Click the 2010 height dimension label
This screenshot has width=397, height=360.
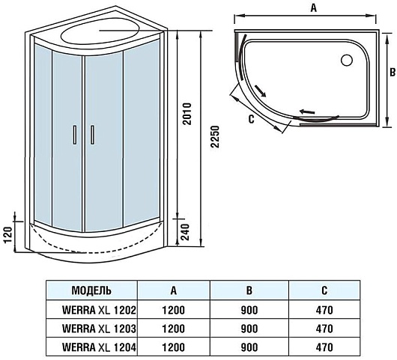[x=187, y=114]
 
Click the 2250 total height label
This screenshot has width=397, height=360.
[x=215, y=136]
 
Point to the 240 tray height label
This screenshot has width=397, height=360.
[x=186, y=232]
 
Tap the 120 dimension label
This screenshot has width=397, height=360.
[x=8, y=235]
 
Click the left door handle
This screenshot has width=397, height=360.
[x=75, y=135]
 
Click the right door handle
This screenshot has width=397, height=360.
[x=92, y=135]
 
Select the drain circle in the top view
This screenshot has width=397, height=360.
[x=346, y=61]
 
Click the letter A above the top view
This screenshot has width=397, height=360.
[x=313, y=7]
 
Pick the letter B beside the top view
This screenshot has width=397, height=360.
[x=393, y=73]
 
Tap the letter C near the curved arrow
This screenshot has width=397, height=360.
[x=251, y=119]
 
